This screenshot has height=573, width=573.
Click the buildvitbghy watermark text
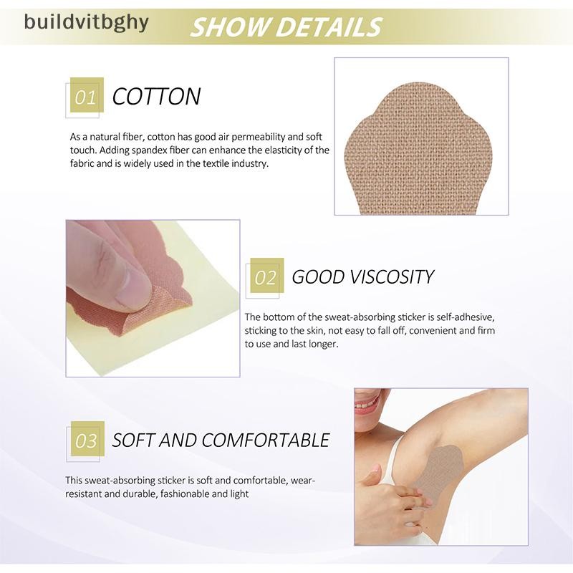[86, 23]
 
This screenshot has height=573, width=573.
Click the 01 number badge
[87, 95]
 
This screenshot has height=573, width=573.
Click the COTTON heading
[156, 97]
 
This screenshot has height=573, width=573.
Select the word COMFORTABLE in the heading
[266, 440]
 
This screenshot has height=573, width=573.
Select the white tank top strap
[396, 461]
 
